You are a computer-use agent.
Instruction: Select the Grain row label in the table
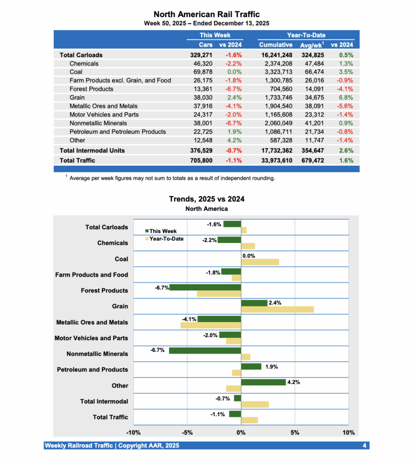(77, 97)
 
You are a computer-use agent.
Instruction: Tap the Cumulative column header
(275, 44)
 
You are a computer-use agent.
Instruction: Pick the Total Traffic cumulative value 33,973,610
(271, 160)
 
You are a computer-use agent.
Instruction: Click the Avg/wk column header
(311, 44)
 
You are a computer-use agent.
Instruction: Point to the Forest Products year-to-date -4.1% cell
(345, 89)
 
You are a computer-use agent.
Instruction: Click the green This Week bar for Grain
(254, 303)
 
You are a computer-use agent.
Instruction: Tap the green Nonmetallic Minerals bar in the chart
(205, 350)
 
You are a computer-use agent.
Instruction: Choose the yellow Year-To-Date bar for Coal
(260, 262)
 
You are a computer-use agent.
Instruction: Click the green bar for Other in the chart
(263, 382)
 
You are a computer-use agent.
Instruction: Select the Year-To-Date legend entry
(164, 239)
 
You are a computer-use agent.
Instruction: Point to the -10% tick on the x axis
(133, 433)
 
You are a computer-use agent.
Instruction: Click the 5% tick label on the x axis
(295, 433)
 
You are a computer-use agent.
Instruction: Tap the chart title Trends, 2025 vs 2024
(206, 199)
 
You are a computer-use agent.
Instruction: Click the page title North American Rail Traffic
(206, 15)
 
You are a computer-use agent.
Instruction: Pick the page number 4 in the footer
(364, 446)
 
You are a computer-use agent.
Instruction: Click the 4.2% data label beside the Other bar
(293, 382)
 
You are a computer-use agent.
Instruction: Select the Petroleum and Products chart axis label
(92, 370)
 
